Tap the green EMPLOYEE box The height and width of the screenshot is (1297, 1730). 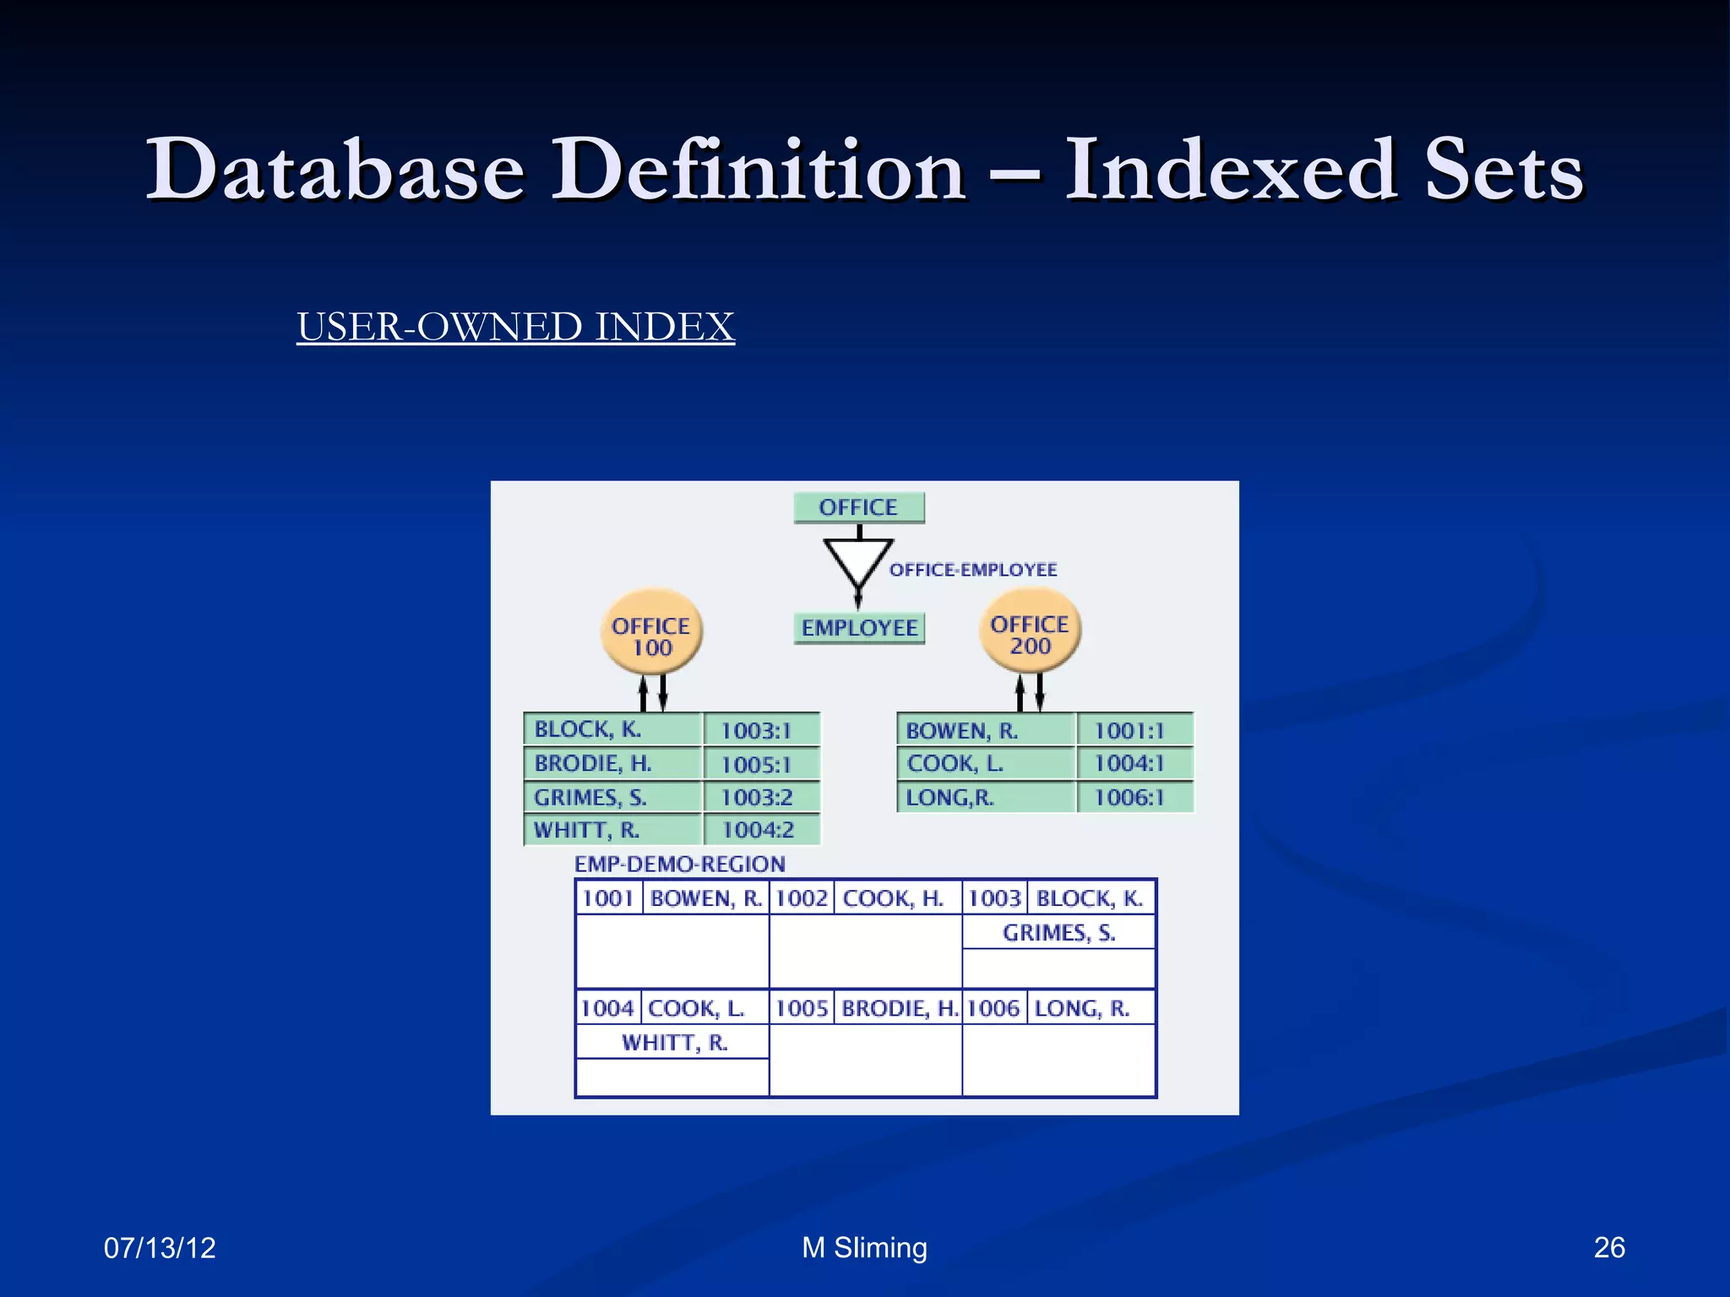(859, 628)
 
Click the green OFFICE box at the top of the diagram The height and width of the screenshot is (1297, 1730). (858, 507)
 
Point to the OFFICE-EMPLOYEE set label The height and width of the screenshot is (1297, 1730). (972, 570)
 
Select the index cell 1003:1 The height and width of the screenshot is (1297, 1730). (758, 730)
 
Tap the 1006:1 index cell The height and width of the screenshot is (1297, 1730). (1130, 797)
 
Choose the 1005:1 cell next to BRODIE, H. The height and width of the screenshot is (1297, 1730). (758, 764)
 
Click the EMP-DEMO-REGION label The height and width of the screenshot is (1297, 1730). (680, 864)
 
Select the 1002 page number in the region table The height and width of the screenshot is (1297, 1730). (802, 898)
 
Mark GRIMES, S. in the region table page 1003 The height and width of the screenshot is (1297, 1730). (1059, 933)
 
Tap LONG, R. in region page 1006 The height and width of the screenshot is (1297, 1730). (1082, 1008)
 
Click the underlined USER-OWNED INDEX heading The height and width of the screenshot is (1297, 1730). (515, 327)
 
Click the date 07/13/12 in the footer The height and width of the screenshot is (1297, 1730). (160, 1247)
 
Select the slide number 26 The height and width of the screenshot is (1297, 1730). (1608, 1247)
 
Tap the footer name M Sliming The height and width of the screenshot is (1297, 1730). (864, 1247)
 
